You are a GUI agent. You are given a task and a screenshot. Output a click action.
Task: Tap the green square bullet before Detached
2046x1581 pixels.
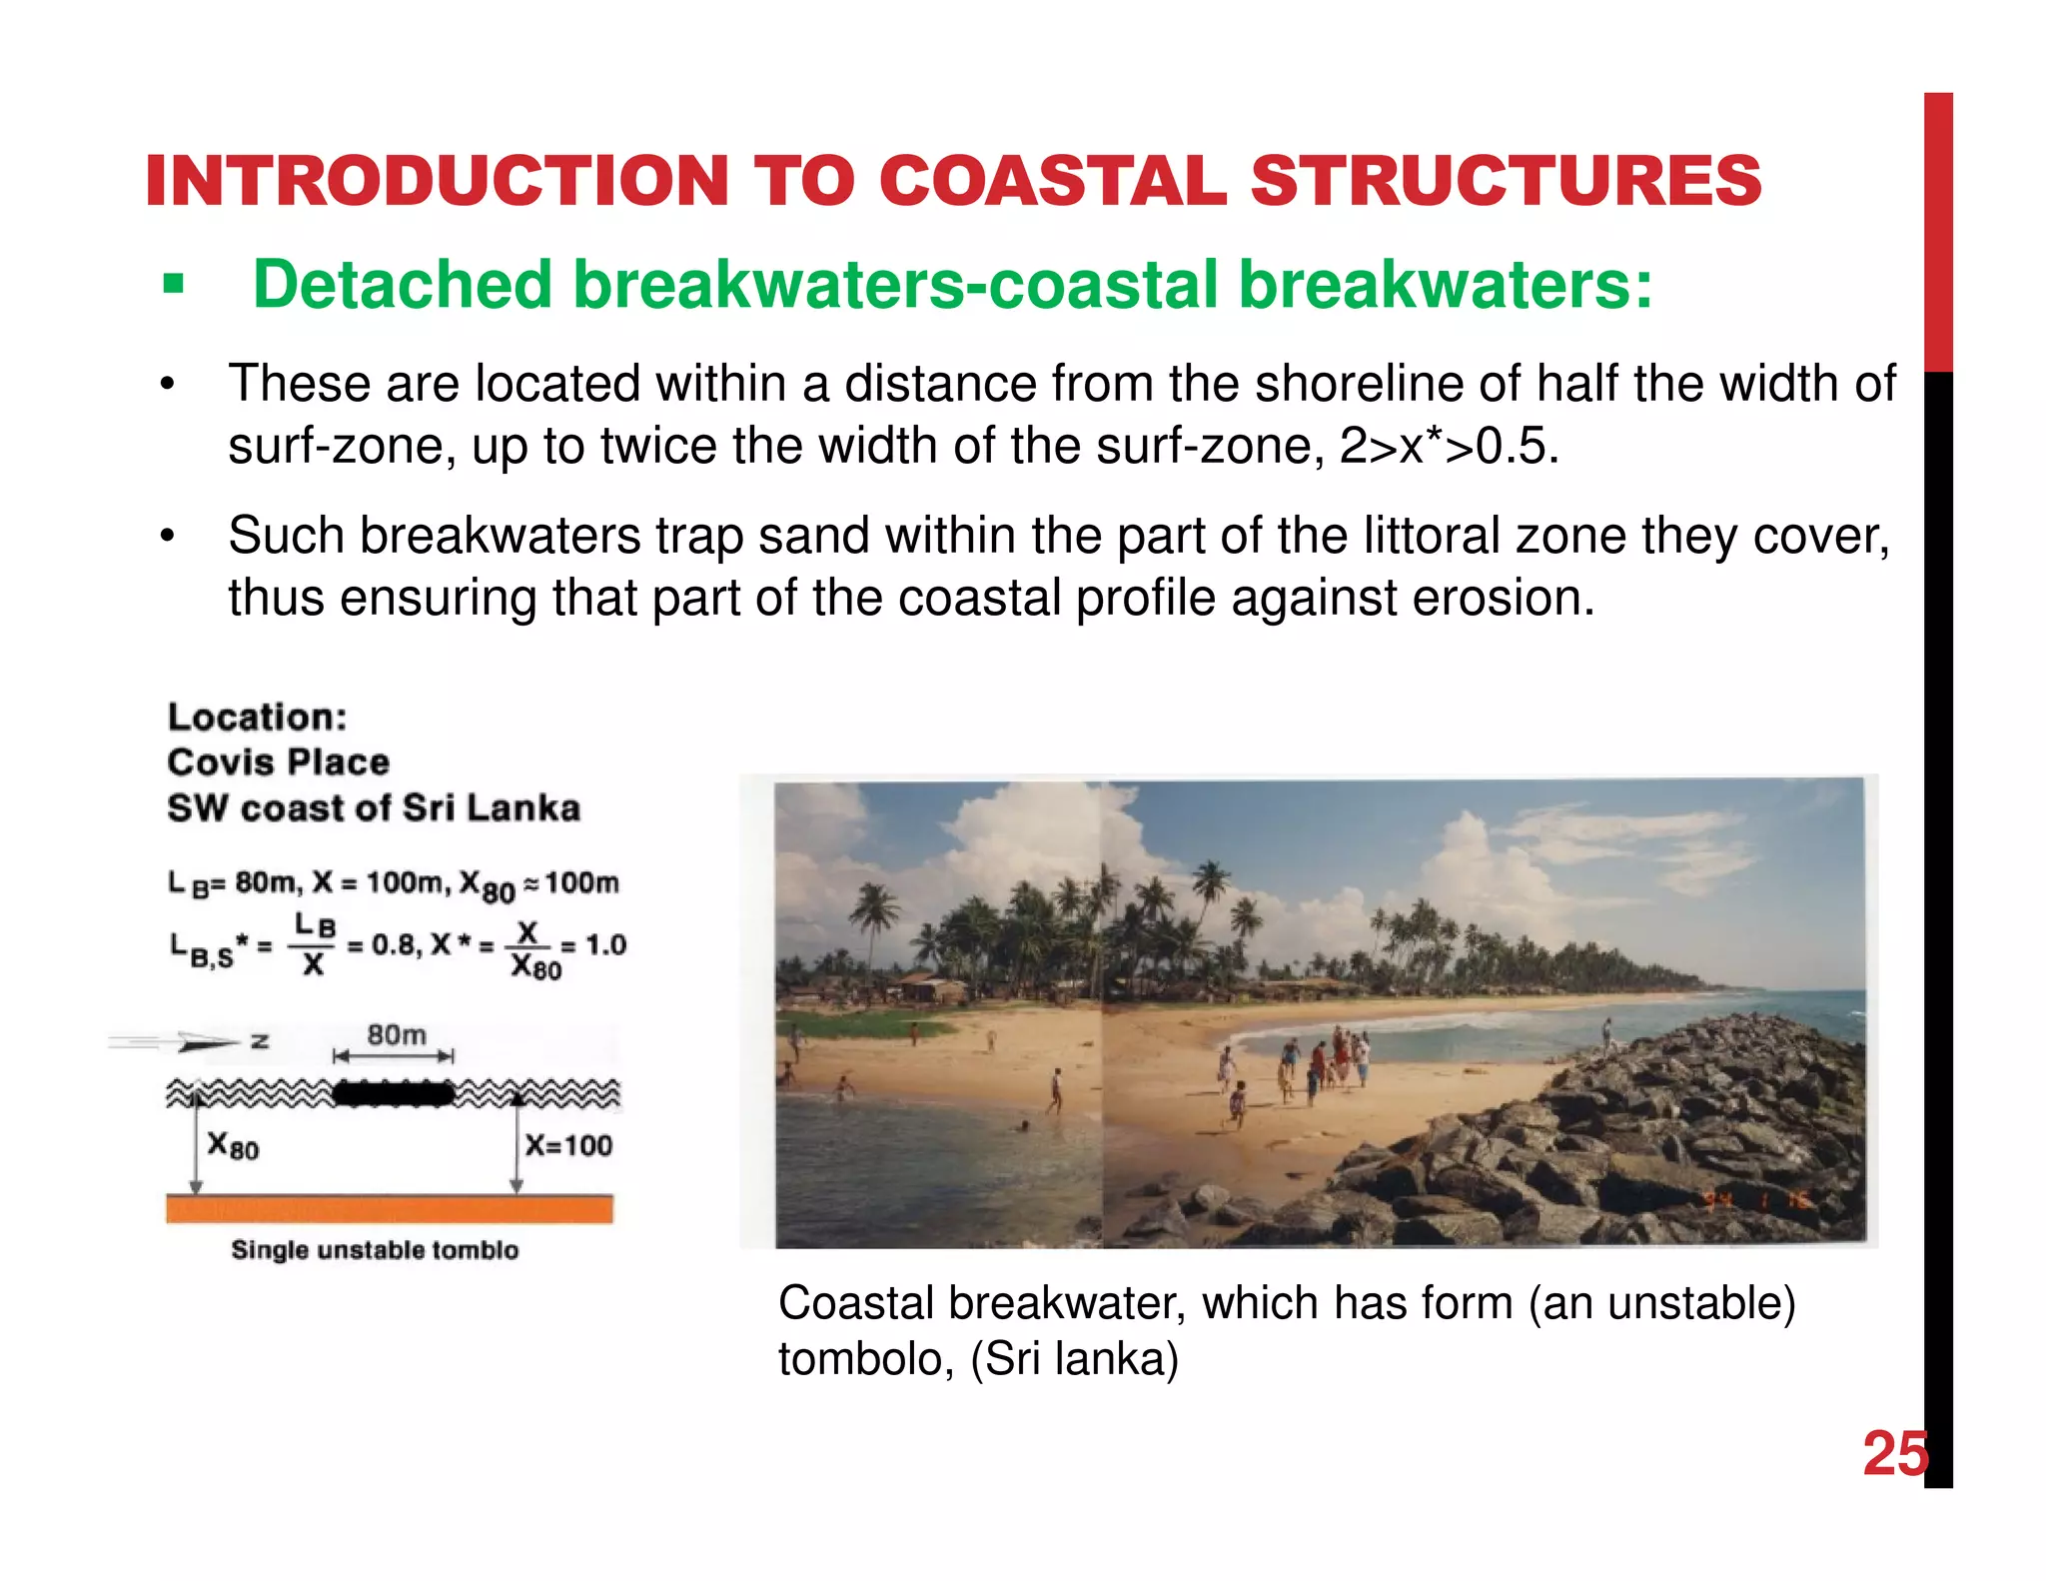pyautogui.click(x=174, y=285)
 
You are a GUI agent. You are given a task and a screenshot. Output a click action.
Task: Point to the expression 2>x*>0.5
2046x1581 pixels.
pyautogui.click(x=1448, y=446)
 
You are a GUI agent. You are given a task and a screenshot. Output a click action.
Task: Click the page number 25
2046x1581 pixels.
pyautogui.click(x=1893, y=1453)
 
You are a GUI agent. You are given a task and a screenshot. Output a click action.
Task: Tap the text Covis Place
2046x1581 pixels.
pyautogui.click(x=278, y=763)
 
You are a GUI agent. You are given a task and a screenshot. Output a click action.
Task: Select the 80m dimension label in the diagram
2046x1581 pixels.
pyautogui.click(x=396, y=1035)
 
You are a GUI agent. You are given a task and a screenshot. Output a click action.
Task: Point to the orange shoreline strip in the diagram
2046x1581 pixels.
pyautogui.click(x=389, y=1209)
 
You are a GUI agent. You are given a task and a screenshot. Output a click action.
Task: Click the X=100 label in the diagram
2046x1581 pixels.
pyautogui.click(x=568, y=1145)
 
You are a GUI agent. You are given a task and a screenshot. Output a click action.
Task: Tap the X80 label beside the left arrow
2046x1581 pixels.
pyautogui.click(x=233, y=1145)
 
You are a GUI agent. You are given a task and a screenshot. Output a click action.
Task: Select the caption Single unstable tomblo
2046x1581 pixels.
pyautogui.click(x=375, y=1250)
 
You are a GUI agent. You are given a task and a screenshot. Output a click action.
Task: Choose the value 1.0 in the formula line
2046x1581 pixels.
pyautogui.click(x=605, y=945)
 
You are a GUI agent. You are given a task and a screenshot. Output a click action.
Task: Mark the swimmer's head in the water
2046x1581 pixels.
pyautogui.click(x=1023, y=1126)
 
